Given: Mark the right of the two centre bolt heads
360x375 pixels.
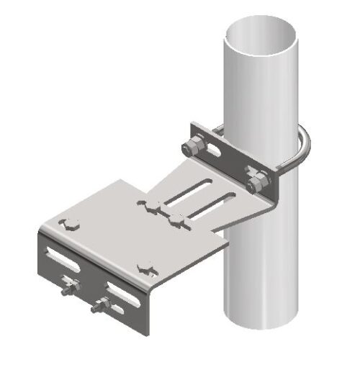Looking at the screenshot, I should [176, 220].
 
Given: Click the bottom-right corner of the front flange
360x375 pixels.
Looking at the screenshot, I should [149, 333].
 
